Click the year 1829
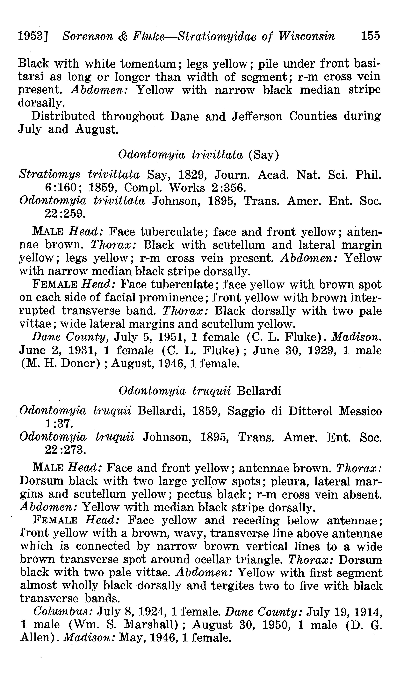point(191,175)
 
